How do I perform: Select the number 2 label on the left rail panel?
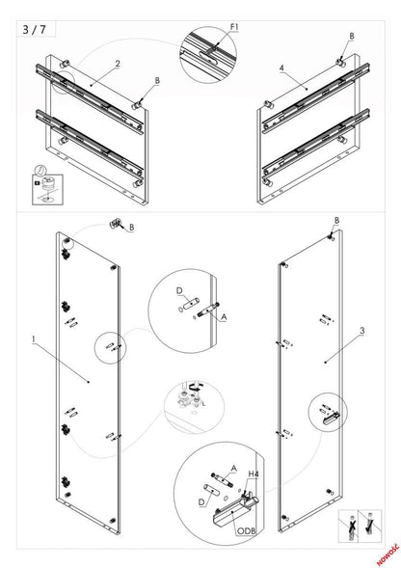pyautogui.click(x=117, y=65)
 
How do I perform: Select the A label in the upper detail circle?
pyautogui.click(x=225, y=314)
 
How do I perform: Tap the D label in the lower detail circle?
pyautogui.click(x=200, y=502)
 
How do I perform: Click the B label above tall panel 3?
pyautogui.click(x=336, y=221)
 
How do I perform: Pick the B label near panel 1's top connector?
pyautogui.click(x=131, y=229)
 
